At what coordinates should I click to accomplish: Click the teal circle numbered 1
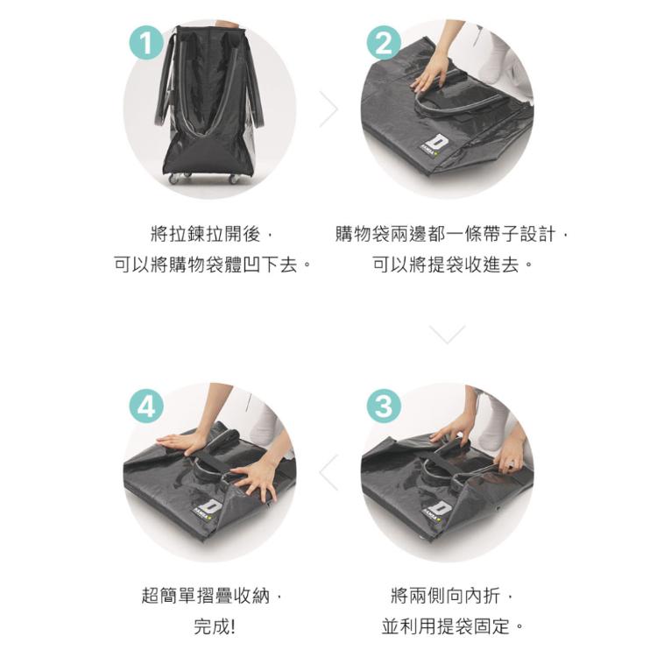(x=146, y=43)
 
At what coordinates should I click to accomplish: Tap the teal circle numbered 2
(x=384, y=43)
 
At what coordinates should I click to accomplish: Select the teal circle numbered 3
(x=384, y=406)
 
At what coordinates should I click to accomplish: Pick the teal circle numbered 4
(x=146, y=406)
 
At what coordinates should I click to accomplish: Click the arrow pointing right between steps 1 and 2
(x=328, y=109)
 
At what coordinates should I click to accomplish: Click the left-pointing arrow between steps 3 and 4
(x=328, y=472)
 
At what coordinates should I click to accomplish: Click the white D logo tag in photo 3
(x=437, y=510)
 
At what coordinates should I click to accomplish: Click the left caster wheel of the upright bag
(x=173, y=180)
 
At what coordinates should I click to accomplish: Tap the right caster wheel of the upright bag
(x=233, y=180)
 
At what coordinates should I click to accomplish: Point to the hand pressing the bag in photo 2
(x=428, y=74)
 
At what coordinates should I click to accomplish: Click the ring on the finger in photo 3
(x=512, y=463)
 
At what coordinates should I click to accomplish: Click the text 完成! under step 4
(x=214, y=627)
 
